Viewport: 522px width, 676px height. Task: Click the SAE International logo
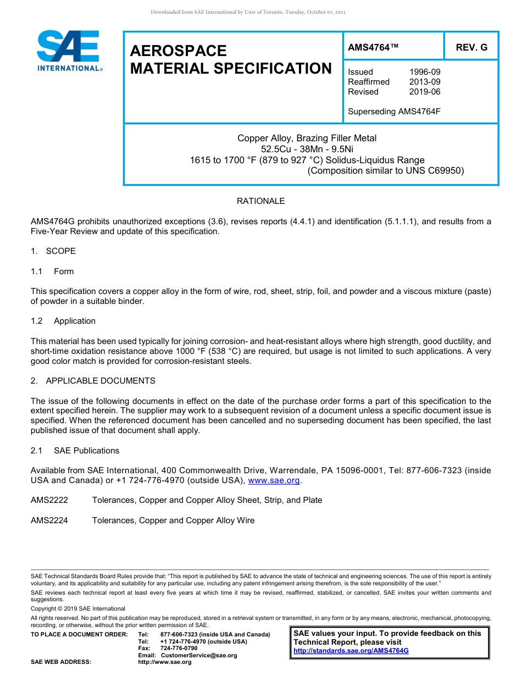69,50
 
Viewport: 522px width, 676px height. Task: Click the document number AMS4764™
373,48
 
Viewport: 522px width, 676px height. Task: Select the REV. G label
471,48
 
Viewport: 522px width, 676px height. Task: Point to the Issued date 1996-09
424,72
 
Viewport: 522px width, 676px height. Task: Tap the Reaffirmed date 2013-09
424,82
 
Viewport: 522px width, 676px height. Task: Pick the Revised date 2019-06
424,92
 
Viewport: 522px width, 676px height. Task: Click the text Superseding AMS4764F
394,112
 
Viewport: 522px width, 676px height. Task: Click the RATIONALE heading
260,201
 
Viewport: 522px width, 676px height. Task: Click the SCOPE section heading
60,251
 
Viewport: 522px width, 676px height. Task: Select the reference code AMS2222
49,500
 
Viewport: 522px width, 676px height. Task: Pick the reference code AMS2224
49,520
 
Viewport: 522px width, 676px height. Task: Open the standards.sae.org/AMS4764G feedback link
351,651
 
